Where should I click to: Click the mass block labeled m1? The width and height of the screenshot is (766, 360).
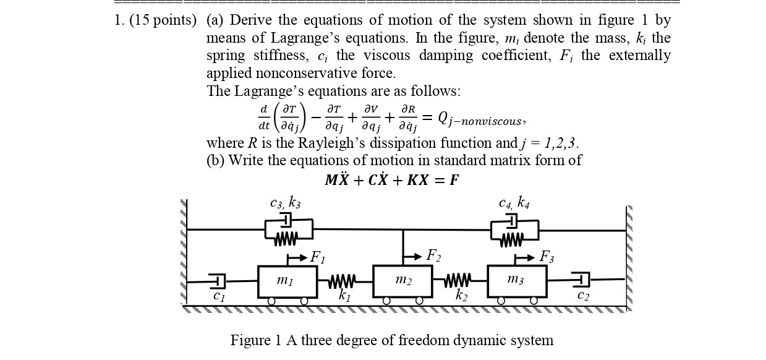click(x=287, y=281)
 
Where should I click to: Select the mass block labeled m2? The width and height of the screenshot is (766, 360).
click(x=402, y=281)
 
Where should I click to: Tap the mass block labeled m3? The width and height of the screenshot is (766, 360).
click(x=517, y=281)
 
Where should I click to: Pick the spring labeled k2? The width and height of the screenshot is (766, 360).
click(x=458, y=281)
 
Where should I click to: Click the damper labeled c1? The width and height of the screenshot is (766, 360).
click(x=218, y=281)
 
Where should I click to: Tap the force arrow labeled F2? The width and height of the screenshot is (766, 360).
click(x=412, y=256)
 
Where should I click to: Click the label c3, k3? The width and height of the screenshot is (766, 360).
click(x=286, y=202)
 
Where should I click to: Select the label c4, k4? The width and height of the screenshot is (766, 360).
click(x=514, y=202)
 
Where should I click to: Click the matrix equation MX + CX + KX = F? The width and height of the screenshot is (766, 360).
click(x=392, y=180)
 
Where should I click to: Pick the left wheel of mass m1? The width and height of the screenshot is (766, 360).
click(x=271, y=301)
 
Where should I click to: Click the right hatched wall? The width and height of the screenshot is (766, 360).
click(x=629, y=257)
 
